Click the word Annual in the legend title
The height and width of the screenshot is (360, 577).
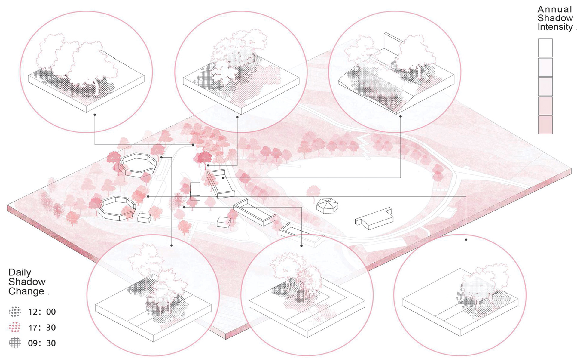tap(555, 10)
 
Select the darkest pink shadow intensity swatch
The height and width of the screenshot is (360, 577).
tap(545, 125)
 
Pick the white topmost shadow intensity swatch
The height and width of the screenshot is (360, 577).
tap(545, 48)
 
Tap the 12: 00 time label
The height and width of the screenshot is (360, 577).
tap(42, 312)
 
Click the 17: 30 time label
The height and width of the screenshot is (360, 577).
tap(42, 328)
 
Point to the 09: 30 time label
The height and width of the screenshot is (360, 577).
tap(42, 343)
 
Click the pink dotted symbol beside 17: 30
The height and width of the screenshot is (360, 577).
tap(15, 327)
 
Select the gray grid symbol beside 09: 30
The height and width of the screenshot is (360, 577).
tap(15, 343)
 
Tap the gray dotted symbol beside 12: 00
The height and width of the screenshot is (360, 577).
tap(15, 312)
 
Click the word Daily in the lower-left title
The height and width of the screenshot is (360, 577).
tap(20, 272)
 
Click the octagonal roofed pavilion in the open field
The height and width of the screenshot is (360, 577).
tap(327, 206)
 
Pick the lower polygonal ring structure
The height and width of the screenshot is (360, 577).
tap(117, 208)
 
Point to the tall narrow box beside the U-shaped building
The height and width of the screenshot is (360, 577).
tap(195, 191)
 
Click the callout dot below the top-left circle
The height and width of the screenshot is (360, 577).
tap(95, 115)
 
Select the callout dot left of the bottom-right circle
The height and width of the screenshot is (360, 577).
tap(466, 240)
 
